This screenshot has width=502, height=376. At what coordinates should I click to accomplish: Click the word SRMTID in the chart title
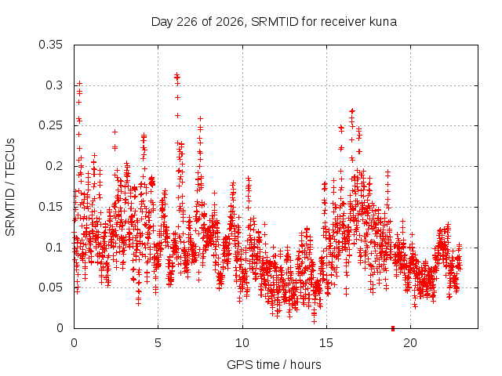(x=275, y=22)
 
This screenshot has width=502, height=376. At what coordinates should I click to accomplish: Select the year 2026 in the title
(x=230, y=22)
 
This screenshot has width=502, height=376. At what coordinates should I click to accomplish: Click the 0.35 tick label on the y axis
(x=50, y=45)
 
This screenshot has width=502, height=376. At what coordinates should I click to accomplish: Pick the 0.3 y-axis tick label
(x=54, y=85)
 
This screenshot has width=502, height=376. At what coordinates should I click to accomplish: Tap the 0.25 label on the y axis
(x=50, y=125)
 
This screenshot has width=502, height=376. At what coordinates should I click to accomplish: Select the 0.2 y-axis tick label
(x=54, y=166)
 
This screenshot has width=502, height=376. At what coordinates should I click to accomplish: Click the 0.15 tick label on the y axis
(x=50, y=207)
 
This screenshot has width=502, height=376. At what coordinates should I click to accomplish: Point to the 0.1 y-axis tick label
(x=54, y=248)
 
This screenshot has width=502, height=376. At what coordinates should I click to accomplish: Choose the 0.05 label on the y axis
(x=50, y=287)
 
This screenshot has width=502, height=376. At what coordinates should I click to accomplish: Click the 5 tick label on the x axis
(x=158, y=343)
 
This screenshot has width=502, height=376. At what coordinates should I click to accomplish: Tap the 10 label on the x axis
(x=242, y=343)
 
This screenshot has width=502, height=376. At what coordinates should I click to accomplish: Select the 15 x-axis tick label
(x=326, y=343)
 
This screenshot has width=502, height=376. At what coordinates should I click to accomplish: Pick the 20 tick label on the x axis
(x=410, y=343)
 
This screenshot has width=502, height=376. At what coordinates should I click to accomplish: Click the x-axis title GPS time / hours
(x=274, y=365)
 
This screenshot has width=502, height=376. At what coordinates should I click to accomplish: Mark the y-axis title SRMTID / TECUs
(x=10, y=187)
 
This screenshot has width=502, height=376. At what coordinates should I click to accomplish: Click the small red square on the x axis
(x=393, y=328)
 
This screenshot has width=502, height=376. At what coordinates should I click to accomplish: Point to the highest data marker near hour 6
(x=176, y=74)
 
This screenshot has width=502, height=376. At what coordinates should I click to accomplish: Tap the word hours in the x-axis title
(x=305, y=365)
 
